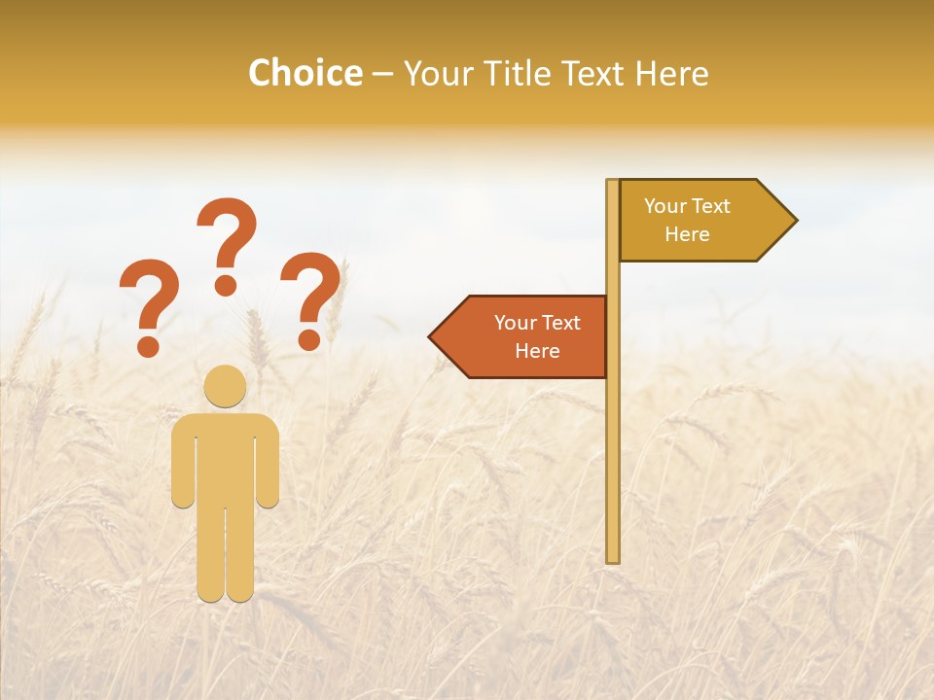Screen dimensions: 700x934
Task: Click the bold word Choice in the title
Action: (305, 73)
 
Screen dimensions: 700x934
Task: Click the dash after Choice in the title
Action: (382, 75)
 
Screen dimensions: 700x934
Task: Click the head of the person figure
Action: (225, 385)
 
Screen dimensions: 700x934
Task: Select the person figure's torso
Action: (225, 457)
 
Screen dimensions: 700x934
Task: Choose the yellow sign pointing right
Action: (700, 221)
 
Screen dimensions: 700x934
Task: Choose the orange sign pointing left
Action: (525, 336)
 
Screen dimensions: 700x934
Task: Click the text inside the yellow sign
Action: (687, 220)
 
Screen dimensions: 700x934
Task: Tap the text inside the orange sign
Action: (537, 336)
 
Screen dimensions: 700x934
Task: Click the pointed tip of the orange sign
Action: (434, 336)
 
